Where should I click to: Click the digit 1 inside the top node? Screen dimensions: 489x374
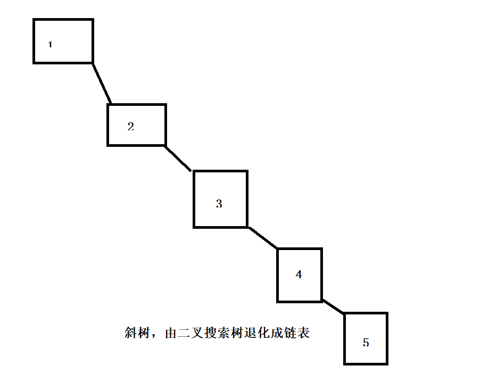(50, 45)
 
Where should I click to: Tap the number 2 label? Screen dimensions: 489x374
(130, 127)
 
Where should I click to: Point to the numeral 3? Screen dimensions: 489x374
(219, 204)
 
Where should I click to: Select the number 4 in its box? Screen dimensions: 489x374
(299, 275)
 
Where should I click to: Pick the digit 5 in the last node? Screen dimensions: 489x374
(366, 343)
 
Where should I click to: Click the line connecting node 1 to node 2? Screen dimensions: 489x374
(102, 82)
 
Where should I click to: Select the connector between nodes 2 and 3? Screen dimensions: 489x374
(178, 158)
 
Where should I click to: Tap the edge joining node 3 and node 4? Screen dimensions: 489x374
(263, 238)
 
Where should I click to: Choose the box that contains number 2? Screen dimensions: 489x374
(149, 114)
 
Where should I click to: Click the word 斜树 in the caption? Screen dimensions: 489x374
(137, 333)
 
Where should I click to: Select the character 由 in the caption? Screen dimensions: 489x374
(170, 333)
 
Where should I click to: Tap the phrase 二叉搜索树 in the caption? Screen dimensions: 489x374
(209, 333)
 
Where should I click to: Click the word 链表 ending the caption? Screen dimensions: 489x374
(297, 333)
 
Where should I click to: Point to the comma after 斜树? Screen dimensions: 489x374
(154, 336)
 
